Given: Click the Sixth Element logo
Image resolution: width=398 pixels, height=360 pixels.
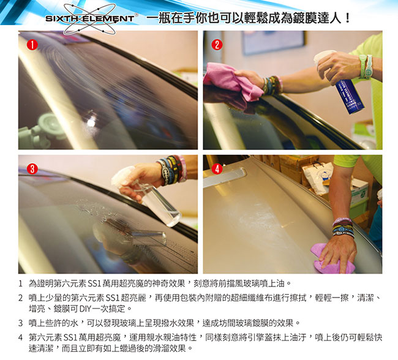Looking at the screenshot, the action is [x=89, y=18].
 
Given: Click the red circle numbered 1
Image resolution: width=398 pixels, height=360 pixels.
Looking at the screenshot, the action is [x=32, y=45].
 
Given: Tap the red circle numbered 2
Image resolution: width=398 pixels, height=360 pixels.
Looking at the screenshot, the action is [x=217, y=45].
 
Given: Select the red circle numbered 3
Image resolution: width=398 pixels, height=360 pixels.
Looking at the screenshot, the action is [x=32, y=169].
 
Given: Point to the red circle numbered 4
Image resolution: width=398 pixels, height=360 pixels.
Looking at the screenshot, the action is [x=217, y=169].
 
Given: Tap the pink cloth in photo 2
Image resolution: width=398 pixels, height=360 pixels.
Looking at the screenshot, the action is [x=232, y=81].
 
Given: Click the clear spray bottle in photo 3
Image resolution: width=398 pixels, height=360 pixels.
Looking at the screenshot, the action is [x=152, y=198].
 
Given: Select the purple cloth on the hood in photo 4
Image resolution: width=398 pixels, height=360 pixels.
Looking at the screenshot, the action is [x=331, y=259].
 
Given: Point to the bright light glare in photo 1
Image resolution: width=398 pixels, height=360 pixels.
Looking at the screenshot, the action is [x=91, y=122].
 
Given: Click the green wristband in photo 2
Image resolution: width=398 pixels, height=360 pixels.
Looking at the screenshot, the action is [x=365, y=67].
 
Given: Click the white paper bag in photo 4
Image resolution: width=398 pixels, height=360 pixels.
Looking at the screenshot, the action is [x=317, y=178].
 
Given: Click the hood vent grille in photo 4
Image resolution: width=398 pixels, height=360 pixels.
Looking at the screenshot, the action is [x=225, y=176].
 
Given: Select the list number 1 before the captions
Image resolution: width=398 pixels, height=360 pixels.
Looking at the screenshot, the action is [x=21, y=283].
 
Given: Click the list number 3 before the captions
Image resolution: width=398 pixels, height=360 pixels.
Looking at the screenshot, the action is [x=21, y=323].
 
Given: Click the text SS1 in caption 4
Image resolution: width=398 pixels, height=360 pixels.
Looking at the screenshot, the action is [x=70, y=338].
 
